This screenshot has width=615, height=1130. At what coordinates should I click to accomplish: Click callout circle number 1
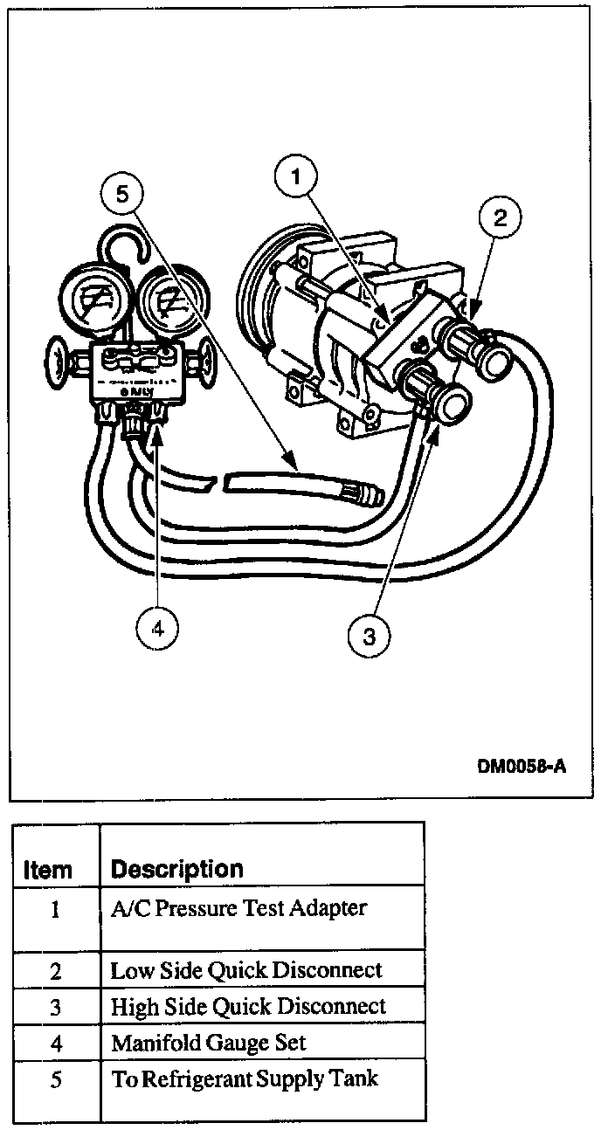pyautogui.click(x=298, y=178)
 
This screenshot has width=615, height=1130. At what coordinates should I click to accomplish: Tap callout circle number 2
pyautogui.click(x=500, y=218)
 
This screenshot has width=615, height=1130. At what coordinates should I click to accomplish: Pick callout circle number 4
pyautogui.click(x=158, y=627)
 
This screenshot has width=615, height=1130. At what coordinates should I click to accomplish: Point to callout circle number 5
pyautogui.click(x=123, y=194)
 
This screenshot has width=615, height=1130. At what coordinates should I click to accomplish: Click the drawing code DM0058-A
pyautogui.click(x=522, y=768)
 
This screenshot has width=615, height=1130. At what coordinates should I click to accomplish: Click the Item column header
pyautogui.click(x=48, y=870)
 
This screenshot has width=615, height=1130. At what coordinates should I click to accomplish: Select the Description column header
pyautogui.click(x=176, y=870)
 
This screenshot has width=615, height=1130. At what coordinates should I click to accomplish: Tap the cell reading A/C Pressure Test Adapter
pyautogui.click(x=238, y=908)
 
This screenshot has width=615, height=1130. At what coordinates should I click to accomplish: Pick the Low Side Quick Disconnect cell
pyautogui.click(x=246, y=970)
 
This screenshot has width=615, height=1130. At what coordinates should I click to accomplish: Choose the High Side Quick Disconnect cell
pyautogui.click(x=248, y=1006)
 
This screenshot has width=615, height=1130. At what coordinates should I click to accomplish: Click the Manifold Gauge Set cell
pyautogui.click(x=208, y=1042)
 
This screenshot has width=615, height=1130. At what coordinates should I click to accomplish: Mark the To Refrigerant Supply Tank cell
pyautogui.click(x=245, y=1078)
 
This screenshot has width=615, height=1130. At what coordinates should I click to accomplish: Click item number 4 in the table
pyautogui.click(x=55, y=1043)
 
